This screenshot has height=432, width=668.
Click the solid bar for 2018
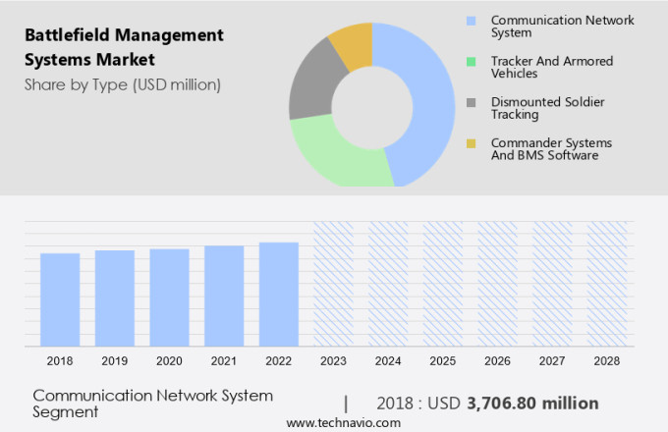click(60, 299)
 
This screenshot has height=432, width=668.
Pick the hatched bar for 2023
click(333, 284)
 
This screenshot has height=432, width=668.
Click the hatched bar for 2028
click(606, 284)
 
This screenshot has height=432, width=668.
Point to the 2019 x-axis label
click(115, 361)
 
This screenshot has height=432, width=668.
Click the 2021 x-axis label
click(224, 361)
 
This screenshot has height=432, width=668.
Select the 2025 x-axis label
click(442, 361)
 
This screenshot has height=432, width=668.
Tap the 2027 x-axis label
click(552, 361)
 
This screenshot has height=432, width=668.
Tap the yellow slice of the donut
click(352, 43)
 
